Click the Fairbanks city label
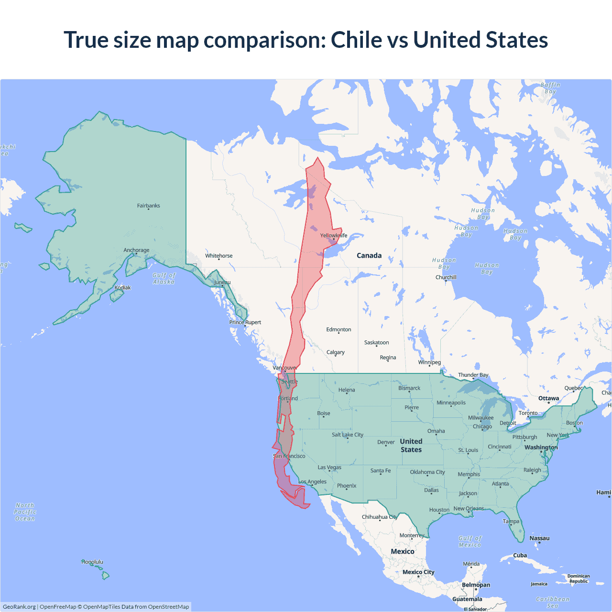point(148,206)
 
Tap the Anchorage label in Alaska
point(136,250)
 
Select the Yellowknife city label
point(334,235)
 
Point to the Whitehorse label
point(219,256)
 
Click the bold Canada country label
point(369,255)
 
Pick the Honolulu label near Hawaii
point(92,562)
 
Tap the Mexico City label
point(418,572)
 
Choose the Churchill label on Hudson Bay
point(446,277)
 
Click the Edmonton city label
point(339,329)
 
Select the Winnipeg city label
point(429,362)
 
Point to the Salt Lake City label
point(348,435)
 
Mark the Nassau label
point(539,538)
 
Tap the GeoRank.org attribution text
point(19,607)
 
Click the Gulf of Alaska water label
point(164,278)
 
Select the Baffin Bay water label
point(550,88)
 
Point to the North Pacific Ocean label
point(25,512)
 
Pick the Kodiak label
point(122,287)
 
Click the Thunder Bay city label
point(473,375)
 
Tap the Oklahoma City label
point(427,472)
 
